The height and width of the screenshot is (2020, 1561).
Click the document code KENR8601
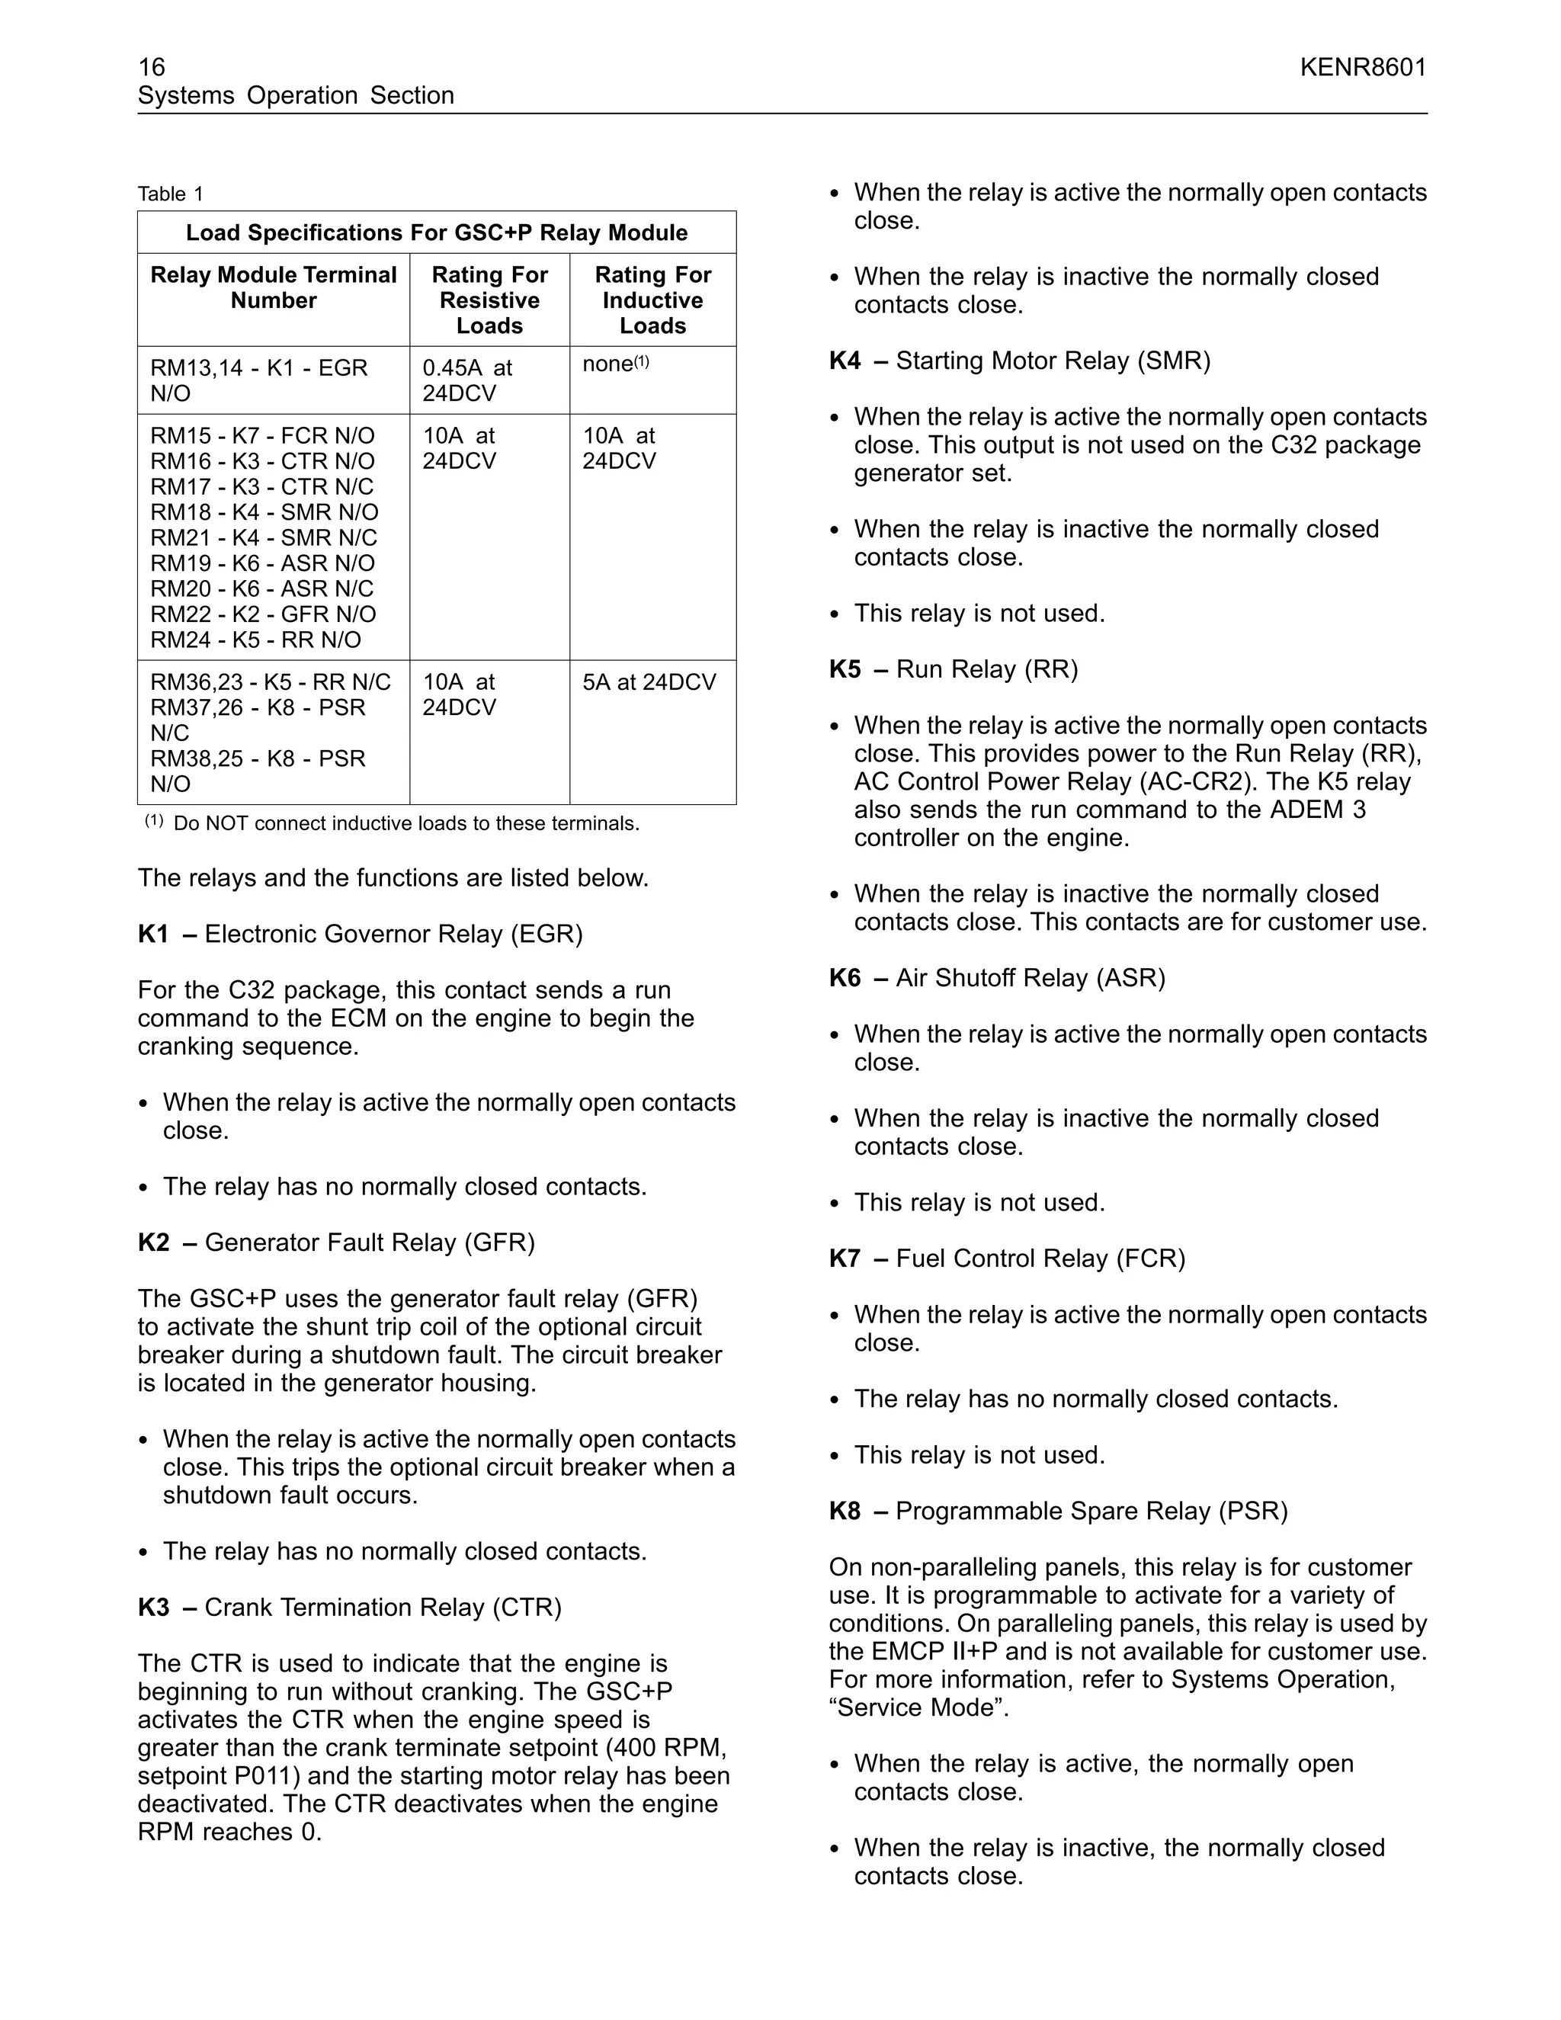pyautogui.click(x=1363, y=68)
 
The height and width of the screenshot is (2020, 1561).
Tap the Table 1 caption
pyautogui.click(x=170, y=194)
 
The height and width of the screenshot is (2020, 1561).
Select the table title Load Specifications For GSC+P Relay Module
pyautogui.click(x=437, y=233)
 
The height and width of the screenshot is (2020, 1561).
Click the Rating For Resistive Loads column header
pyautogui.click(x=489, y=300)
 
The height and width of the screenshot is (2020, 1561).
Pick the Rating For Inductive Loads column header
pyautogui.click(x=653, y=300)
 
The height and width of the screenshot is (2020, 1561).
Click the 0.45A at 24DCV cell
pyautogui.click(x=467, y=380)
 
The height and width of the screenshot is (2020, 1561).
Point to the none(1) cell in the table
pyautogui.click(x=616, y=364)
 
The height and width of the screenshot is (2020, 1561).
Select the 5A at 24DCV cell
pyautogui.click(x=649, y=682)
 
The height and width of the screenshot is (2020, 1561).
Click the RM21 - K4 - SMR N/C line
pyautogui.click(x=264, y=538)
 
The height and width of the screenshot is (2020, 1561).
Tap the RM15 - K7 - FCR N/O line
pyautogui.click(x=263, y=435)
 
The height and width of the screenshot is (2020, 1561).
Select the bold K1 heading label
pyautogui.click(x=153, y=935)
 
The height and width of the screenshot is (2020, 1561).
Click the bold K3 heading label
pyautogui.click(x=153, y=1608)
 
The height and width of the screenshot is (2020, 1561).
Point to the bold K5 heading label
pyautogui.click(x=845, y=669)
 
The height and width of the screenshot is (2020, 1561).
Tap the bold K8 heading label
pyautogui.click(x=845, y=1512)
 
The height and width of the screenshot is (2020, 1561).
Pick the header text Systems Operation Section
pyautogui.click(x=296, y=95)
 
